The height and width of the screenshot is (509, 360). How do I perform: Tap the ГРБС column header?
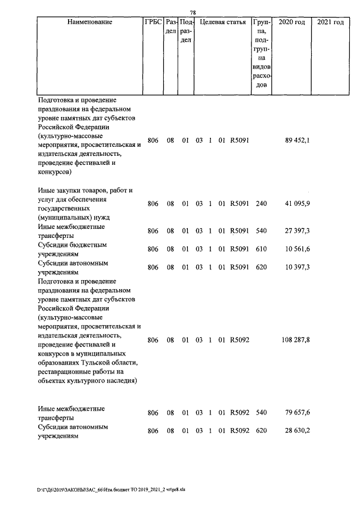(x=154, y=22)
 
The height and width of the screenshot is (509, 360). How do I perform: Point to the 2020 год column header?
(x=292, y=22)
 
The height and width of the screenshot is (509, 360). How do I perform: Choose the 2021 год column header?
(x=330, y=22)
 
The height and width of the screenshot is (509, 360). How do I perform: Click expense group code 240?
(x=261, y=204)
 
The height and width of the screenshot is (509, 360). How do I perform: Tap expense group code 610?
(x=261, y=249)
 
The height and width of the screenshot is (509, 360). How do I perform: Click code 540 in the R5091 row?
(x=261, y=231)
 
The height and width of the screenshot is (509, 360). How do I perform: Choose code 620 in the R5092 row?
(x=261, y=431)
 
